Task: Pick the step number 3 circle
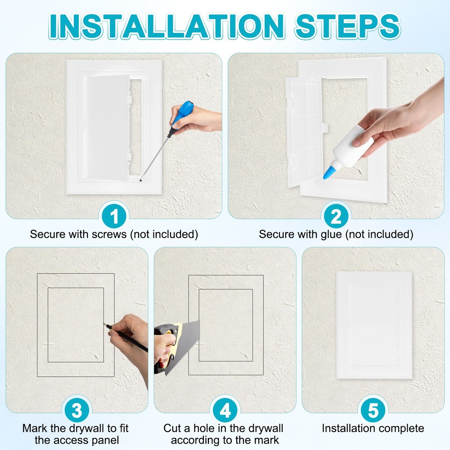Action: pyautogui.click(x=76, y=410)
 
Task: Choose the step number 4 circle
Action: pyautogui.click(x=225, y=410)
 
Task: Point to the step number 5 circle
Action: pyautogui.click(x=373, y=410)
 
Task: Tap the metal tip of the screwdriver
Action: pyautogui.click(x=141, y=181)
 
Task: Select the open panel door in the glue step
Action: pyautogui.click(x=304, y=130)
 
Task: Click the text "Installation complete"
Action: pyautogui.click(x=373, y=428)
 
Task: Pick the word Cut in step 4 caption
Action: pyautogui.click(x=173, y=428)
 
